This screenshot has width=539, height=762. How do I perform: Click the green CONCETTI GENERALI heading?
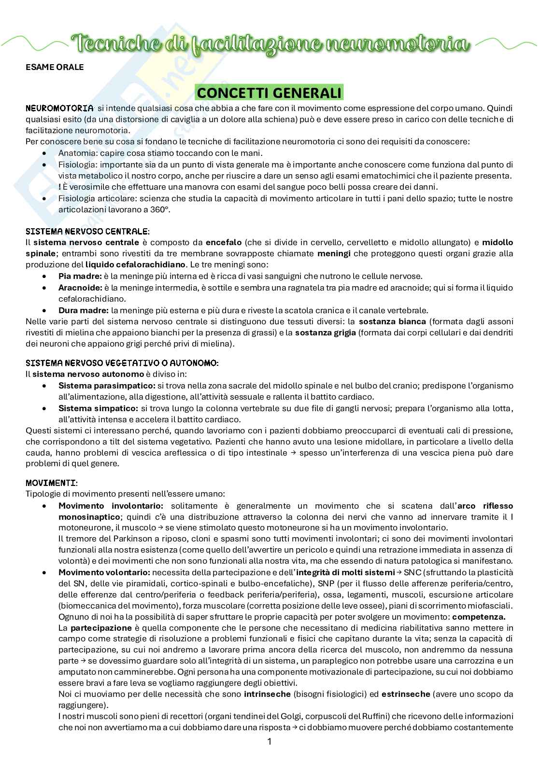[x=269, y=92]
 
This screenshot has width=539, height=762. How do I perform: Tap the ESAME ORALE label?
[x=55, y=67]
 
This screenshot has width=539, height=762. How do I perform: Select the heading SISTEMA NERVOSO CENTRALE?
[x=87, y=231]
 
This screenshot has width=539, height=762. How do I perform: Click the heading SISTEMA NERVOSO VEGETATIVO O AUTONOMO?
[x=122, y=362]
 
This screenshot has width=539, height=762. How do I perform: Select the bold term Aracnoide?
[x=80, y=288]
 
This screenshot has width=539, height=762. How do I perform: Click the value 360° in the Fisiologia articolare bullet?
[x=160, y=209]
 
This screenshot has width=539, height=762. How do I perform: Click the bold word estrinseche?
[x=406, y=694]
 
